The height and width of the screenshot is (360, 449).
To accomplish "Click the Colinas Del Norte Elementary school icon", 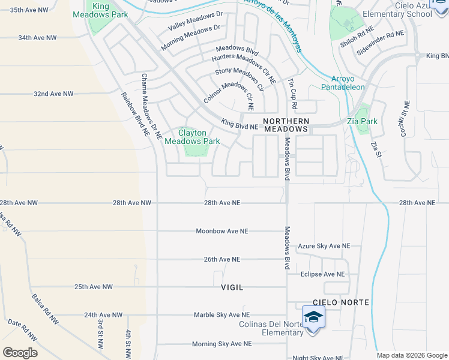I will point(313,316).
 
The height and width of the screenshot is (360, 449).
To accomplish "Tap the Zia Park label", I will point(362,121).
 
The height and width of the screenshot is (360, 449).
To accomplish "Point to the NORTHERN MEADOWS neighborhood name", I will point(286,124).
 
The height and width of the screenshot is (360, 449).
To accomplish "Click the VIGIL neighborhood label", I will point(232,287).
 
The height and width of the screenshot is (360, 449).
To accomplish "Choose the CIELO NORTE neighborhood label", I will point(340,302).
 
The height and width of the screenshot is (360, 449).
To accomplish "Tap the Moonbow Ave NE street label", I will point(221,231).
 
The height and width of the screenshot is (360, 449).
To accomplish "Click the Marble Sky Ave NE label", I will point(221,314).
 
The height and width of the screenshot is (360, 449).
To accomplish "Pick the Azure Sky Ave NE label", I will point(324,246).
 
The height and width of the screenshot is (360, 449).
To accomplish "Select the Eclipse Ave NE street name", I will point(323,274).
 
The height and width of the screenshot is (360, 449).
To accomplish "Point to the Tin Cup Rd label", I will point(292,92).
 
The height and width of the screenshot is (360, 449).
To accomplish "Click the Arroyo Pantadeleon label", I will point(348,83).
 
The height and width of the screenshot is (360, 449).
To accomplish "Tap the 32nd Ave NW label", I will point(53,94).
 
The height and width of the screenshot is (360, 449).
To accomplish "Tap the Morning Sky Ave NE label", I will point(221,344).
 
